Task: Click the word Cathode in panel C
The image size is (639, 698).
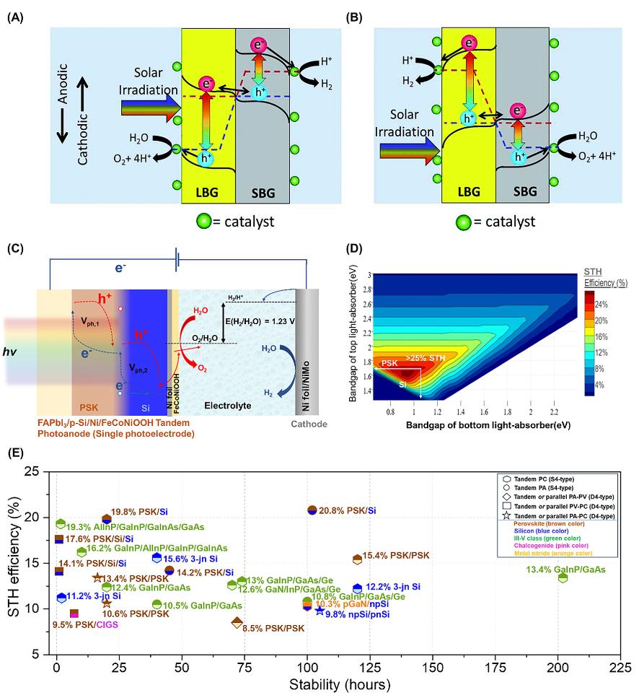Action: [x=309, y=424]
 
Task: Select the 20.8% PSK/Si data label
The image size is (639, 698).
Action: [x=348, y=511]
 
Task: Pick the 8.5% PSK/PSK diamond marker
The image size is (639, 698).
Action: [x=237, y=623]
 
